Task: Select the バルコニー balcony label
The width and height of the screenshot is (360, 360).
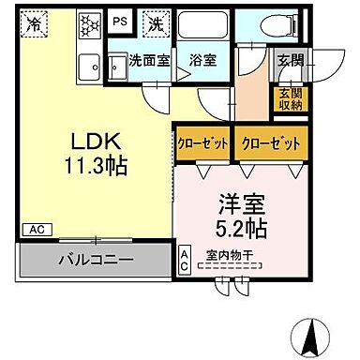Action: [97, 259]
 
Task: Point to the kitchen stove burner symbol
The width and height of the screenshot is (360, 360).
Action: [92, 23]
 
